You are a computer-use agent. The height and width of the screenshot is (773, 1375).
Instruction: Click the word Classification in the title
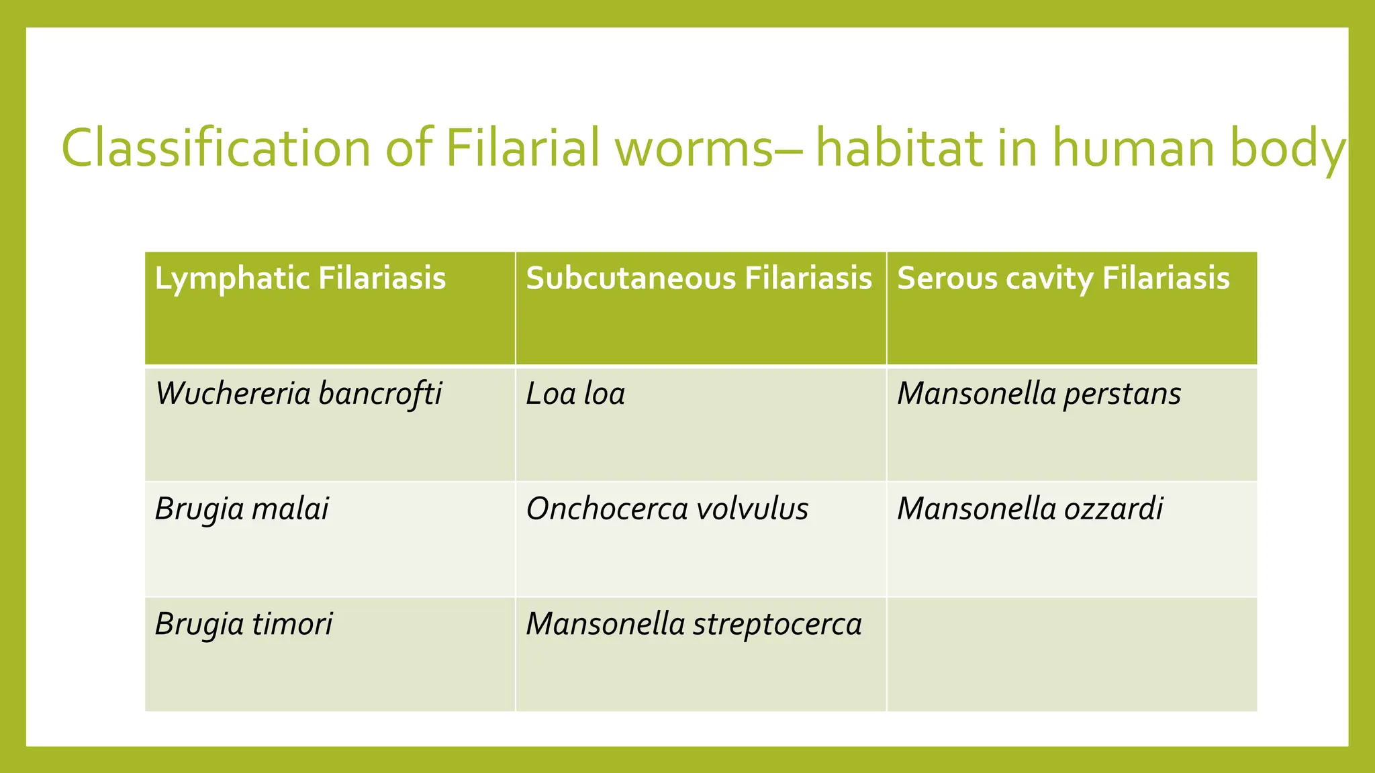pyautogui.click(x=216, y=148)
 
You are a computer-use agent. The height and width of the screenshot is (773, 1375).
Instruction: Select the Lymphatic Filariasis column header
pyautogui.click(x=300, y=278)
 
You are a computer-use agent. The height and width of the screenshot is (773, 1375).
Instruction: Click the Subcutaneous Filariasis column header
pyautogui.click(x=699, y=278)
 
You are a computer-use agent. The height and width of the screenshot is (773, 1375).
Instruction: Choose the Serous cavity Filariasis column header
pyautogui.click(x=1063, y=278)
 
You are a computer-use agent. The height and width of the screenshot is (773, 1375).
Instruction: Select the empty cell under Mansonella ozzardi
pyautogui.click(x=1072, y=654)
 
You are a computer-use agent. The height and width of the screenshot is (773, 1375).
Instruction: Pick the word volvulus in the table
pyautogui.click(x=752, y=509)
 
